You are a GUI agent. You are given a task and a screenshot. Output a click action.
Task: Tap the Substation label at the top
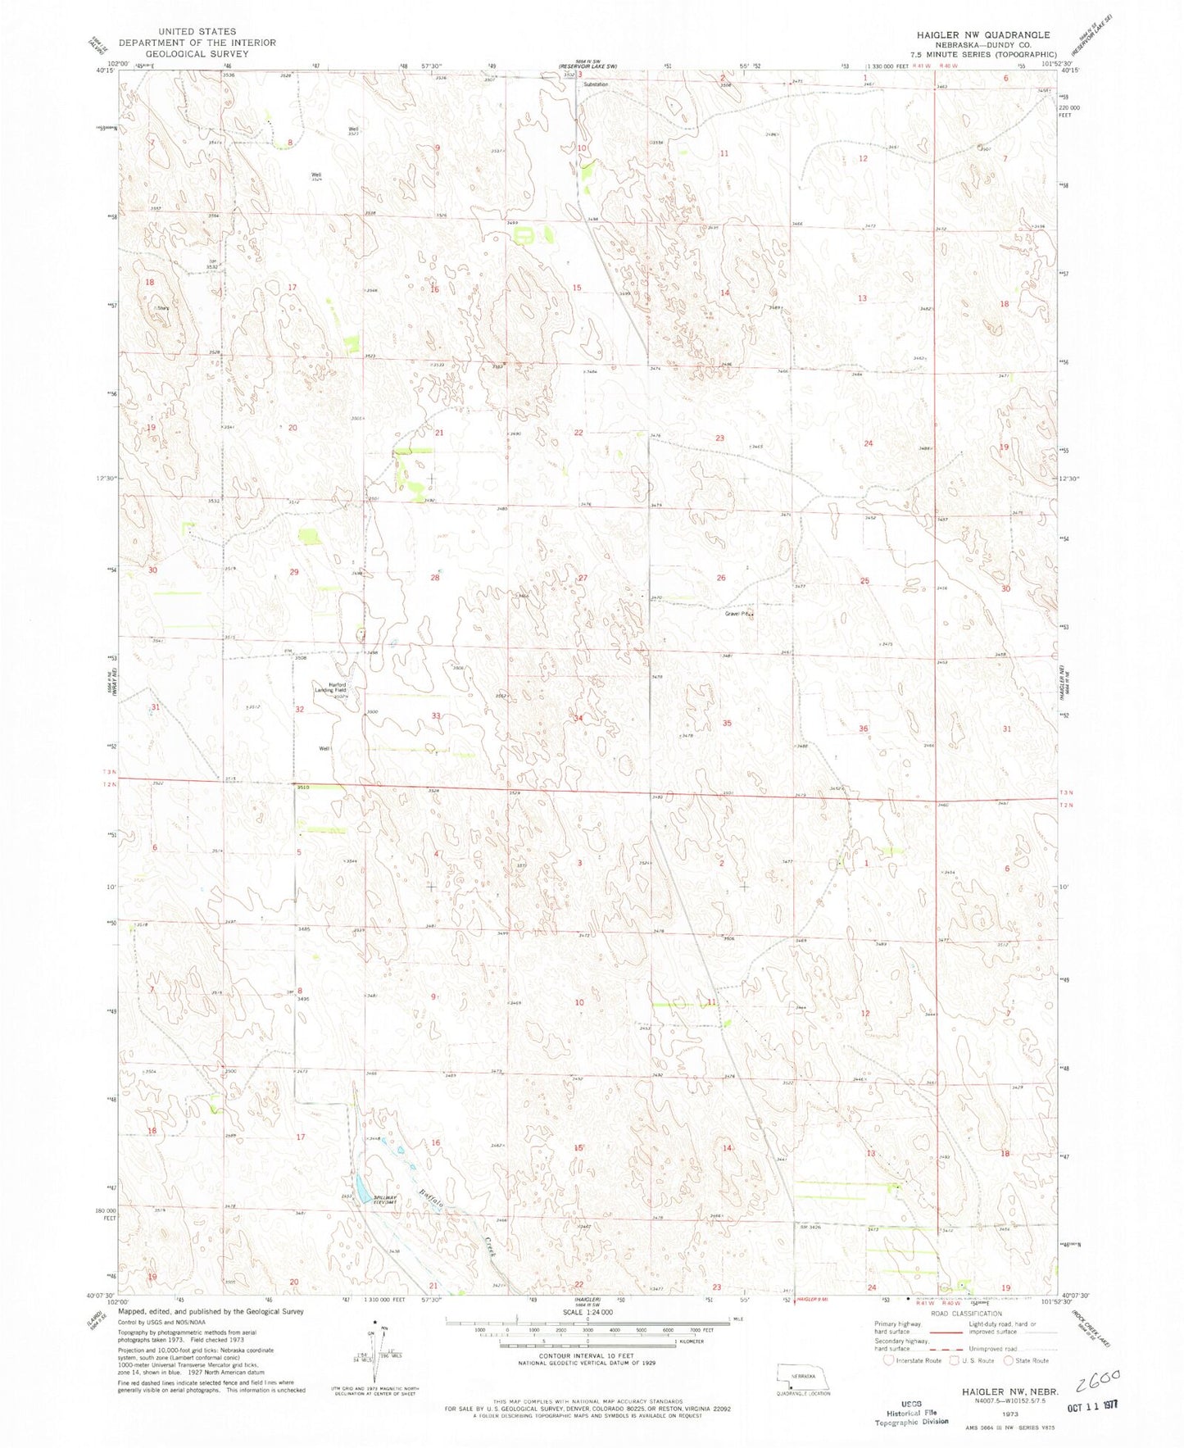(596, 84)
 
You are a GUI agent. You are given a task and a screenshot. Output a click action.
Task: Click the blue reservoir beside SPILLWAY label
(361, 1186)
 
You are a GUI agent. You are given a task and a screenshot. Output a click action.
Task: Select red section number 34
(578, 718)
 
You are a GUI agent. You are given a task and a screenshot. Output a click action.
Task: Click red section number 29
(293, 572)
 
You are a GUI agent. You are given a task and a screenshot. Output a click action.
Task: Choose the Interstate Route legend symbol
(888, 1360)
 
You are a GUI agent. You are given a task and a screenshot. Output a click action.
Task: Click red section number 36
(863, 729)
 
